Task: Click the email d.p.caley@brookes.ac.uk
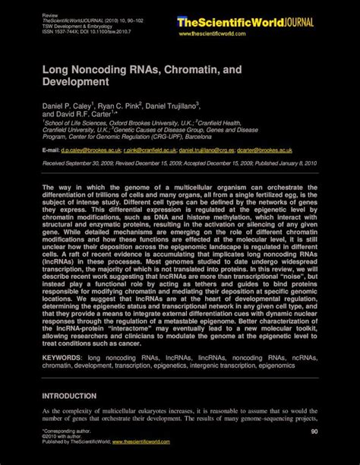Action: [93, 150]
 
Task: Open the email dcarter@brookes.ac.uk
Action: [286, 150]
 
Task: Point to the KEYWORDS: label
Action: [62, 357]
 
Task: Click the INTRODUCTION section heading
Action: [69, 396]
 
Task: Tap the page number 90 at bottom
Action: [314, 431]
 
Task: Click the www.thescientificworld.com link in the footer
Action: [146, 441]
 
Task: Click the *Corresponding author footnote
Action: [66, 430]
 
